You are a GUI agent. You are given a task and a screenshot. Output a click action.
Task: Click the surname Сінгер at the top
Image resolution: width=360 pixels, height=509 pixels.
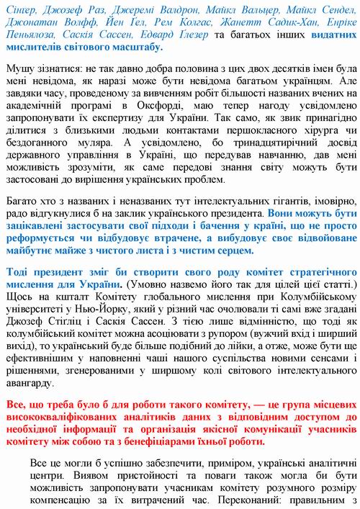click(x=22, y=10)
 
